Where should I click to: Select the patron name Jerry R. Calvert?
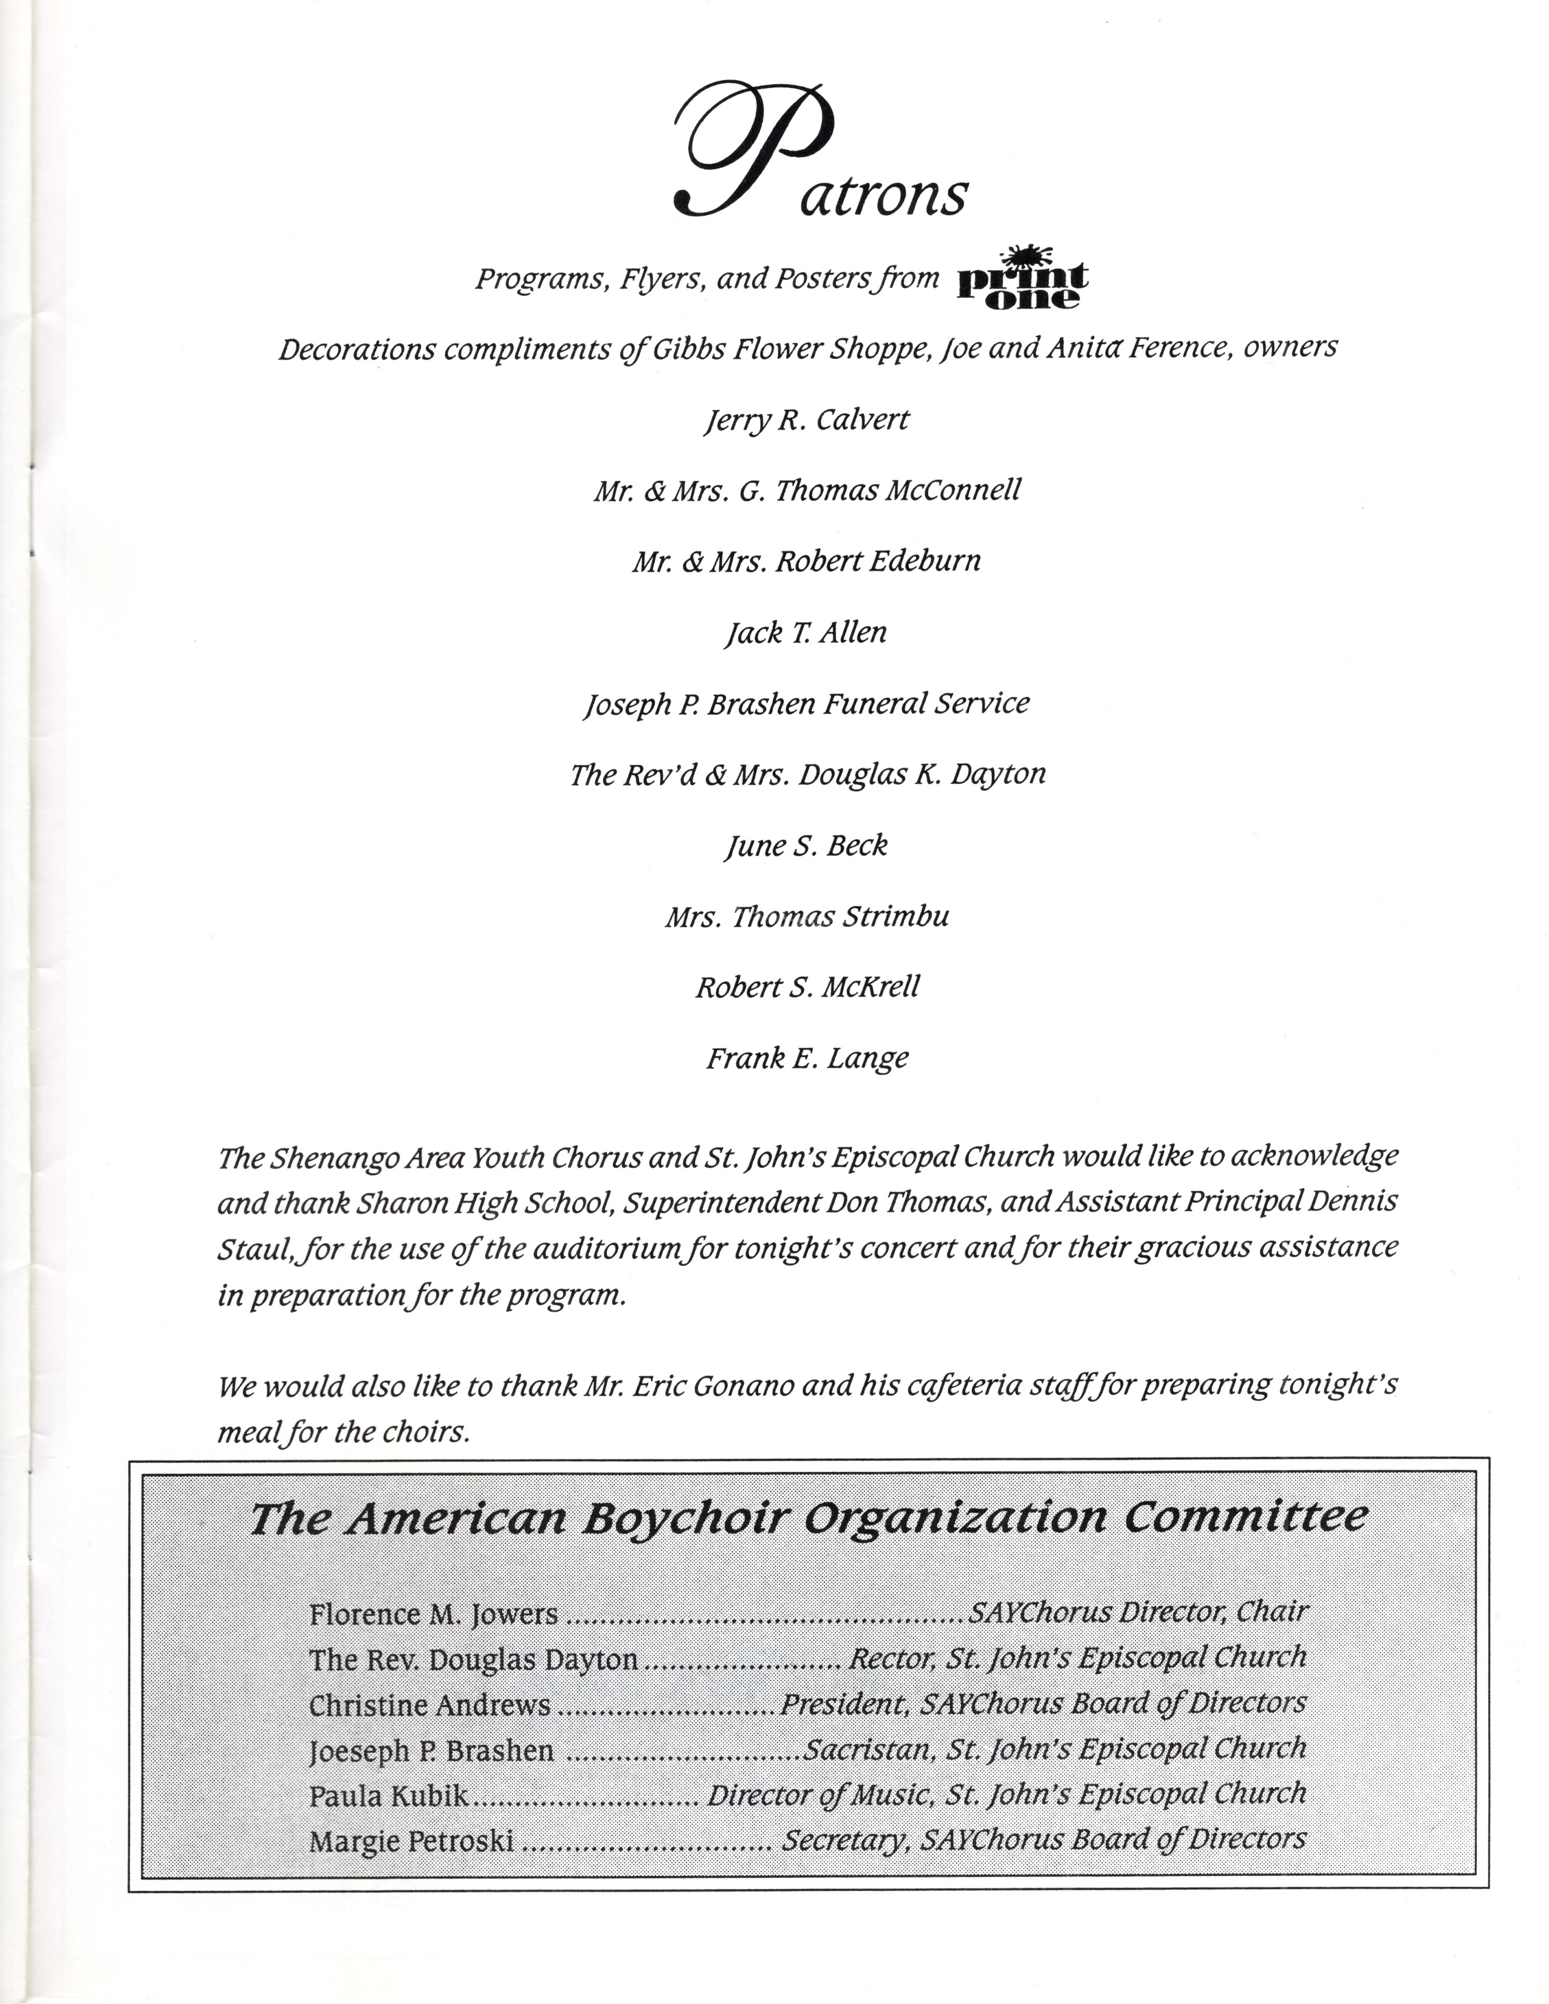(807, 420)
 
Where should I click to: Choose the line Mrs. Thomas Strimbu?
(807, 916)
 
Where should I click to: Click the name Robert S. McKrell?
(807, 987)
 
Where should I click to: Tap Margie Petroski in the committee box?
(411, 1841)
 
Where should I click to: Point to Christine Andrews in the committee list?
(429, 1705)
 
